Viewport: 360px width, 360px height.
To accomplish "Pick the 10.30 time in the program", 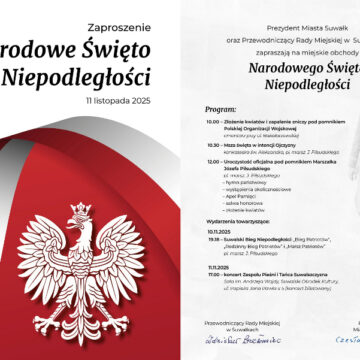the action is click(212, 145).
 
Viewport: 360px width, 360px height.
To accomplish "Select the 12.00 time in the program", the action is click(212, 160).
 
